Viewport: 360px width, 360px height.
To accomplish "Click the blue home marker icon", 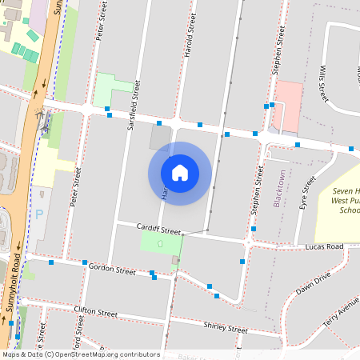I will [180, 173].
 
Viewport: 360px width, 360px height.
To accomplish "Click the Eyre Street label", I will [304, 194].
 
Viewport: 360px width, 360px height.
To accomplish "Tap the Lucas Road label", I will [324, 247].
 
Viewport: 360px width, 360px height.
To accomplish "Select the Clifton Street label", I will [95, 311].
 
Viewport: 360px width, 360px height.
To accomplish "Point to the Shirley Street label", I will [226, 328].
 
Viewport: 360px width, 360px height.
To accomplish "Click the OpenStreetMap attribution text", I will [80, 354].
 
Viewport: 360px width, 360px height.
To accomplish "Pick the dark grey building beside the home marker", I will [159, 137].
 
